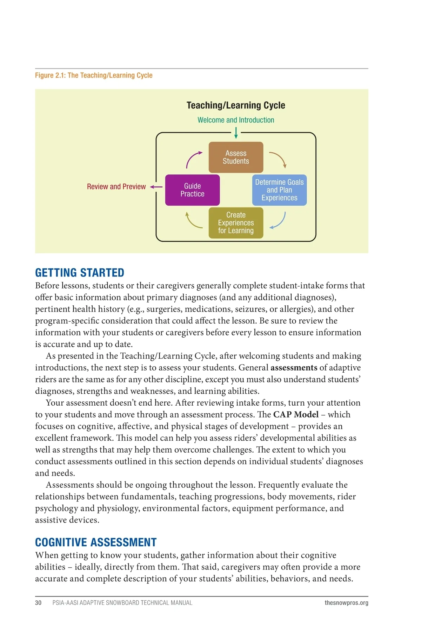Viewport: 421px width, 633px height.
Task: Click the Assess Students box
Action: click(x=236, y=157)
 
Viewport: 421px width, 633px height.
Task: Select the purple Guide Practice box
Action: click(x=192, y=190)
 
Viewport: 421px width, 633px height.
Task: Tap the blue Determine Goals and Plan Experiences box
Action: click(x=279, y=190)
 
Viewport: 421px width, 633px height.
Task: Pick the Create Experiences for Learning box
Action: click(x=236, y=223)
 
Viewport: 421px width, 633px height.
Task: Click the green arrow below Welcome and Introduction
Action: click(x=236, y=133)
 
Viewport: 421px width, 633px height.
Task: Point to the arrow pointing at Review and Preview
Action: click(x=156, y=187)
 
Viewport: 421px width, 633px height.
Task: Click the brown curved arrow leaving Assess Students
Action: click(x=279, y=159)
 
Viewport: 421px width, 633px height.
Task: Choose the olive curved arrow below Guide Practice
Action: click(x=193, y=221)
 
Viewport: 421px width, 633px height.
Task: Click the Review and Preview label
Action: click(x=116, y=187)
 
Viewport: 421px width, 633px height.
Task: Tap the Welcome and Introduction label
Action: click(x=236, y=120)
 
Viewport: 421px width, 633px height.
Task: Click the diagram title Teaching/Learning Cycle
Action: click(x=236, y=105)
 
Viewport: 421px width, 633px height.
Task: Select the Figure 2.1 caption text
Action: click(x=94, y=75)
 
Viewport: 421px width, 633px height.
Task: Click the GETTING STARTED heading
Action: click(x=80, y=273)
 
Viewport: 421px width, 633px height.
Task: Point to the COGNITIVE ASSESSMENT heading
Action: click(x=96, y=542)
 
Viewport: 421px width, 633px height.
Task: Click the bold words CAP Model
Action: click(x=296, y=414)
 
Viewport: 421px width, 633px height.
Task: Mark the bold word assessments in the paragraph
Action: click(x=294, y=368)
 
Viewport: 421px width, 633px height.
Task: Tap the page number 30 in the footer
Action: click(x=38, y=603)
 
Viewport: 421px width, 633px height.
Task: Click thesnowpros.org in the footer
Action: click(x=346, y=603)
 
